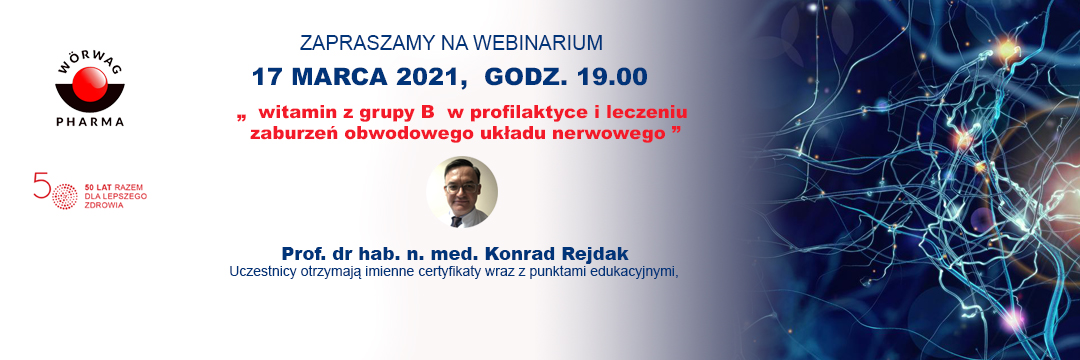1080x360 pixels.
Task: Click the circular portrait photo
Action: coord(461,192)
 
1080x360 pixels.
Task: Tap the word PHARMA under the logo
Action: coord(90,122)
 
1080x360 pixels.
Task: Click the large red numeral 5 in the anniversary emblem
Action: coord(42,185)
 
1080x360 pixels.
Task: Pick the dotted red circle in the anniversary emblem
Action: coord(65,196)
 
